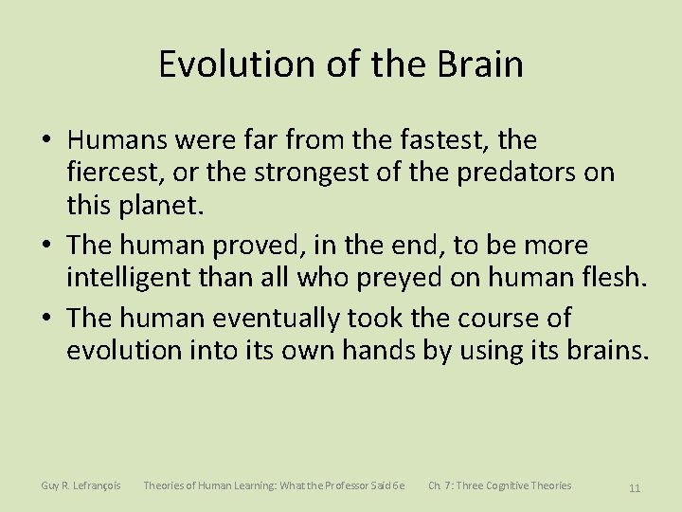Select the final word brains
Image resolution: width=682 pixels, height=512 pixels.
603,350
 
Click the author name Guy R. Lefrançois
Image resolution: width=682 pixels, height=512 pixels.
81,485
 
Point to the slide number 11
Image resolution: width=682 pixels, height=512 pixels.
634,487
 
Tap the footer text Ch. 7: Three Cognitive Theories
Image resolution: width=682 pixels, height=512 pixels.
499,485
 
